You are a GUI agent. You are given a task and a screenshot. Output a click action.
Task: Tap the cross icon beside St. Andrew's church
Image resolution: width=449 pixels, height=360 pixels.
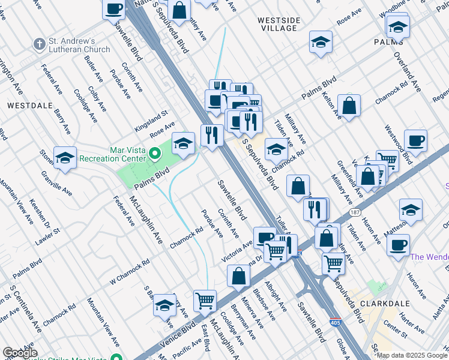point(39,44)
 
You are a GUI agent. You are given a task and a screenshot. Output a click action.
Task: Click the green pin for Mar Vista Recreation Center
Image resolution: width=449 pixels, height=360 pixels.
point(155,154)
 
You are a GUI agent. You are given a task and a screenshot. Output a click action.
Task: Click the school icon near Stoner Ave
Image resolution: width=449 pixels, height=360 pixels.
point(65,158)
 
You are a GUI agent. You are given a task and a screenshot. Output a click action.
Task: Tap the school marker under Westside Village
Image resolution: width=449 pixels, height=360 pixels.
point(321,43)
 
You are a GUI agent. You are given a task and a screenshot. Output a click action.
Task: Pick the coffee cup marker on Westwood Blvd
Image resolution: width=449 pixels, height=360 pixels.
point(415,142)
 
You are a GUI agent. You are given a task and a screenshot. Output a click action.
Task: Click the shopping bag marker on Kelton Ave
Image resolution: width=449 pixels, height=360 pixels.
point(349,106)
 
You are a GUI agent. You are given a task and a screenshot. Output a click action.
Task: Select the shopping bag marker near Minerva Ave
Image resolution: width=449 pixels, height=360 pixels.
point(238,277)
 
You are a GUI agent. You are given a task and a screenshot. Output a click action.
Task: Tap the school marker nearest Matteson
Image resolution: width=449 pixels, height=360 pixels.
point(411,211)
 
